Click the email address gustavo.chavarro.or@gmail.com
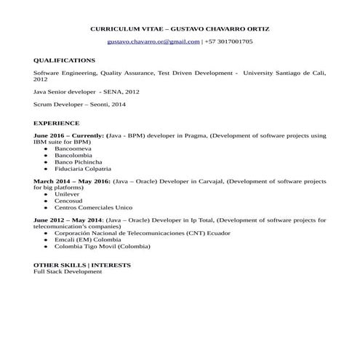pyautogui.click(x=153, y=42)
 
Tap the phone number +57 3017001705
pyautogui.click(x=228, y=42)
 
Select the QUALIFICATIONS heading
pyautogui.click(x=64, y=60)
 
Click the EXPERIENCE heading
pyautogui.click(x=57, y=124)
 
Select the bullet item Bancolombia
pyautogui.click(x=73, y=155)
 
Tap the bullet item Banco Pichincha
pyautogui.click(x=78, y=161)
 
